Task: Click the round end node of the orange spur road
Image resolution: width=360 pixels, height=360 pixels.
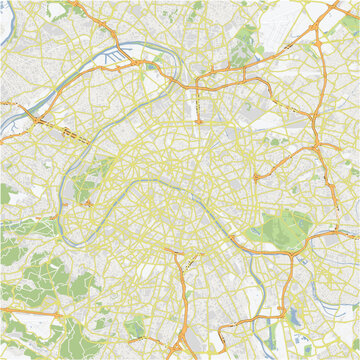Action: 198,121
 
